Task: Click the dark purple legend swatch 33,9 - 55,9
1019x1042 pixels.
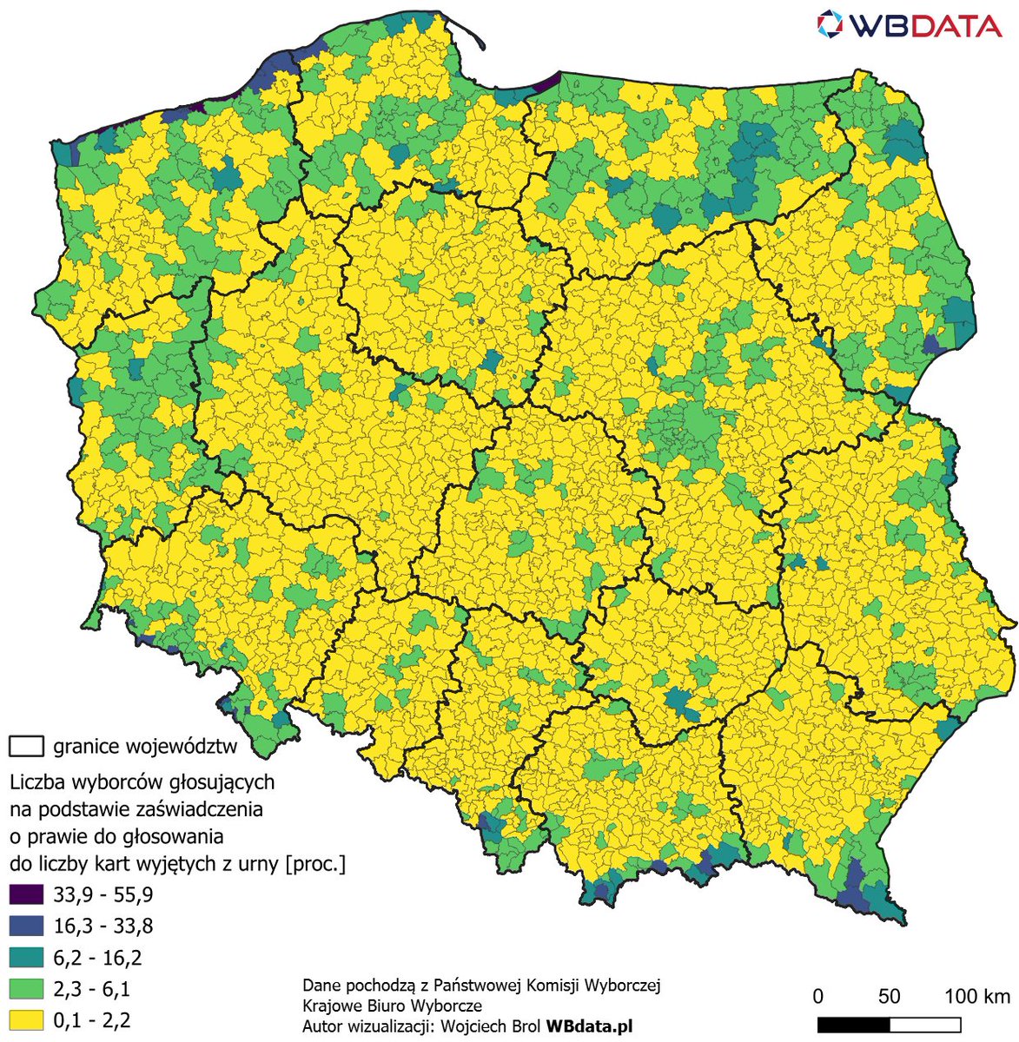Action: click(25, 894)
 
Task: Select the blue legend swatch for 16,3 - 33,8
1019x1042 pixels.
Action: click(25, 926)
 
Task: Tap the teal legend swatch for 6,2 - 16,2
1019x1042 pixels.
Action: click(25, 958)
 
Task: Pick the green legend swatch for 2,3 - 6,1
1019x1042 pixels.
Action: click(25, 989)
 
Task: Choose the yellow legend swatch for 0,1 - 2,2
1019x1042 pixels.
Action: click(25, 1020)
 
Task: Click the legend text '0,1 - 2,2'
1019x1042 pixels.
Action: click(92, 1020)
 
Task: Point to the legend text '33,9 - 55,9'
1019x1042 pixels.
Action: click(103, 894)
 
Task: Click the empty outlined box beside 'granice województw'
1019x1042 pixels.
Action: click(26, 746)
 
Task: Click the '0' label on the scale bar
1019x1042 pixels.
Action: click(818, 995)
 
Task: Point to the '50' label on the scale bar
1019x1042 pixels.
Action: click(889, 995)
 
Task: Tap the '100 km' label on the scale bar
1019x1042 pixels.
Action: click(977, 995)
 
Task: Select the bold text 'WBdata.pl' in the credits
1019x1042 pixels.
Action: click(589, 1026)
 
